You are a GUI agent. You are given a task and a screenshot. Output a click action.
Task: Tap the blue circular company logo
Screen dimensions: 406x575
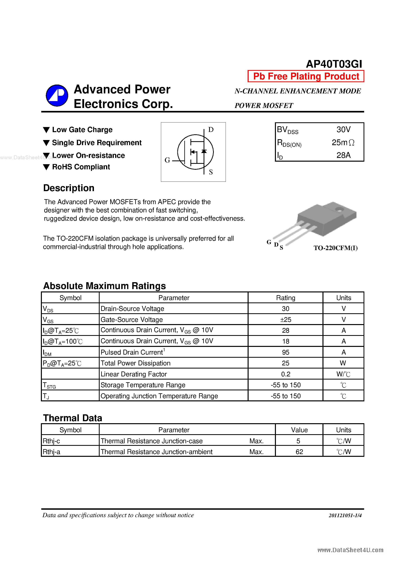[57, 95]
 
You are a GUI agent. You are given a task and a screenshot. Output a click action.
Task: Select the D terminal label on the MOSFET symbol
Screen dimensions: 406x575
[211, 130]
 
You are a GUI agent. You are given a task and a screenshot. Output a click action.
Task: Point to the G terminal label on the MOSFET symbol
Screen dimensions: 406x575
[167, 160]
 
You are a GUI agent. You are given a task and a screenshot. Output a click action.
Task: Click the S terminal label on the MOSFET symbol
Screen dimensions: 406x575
[211, 172]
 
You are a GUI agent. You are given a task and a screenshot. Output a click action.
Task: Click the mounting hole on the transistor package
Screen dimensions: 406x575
[339, 209]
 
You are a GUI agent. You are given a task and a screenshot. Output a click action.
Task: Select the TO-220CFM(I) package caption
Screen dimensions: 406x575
[335, 248]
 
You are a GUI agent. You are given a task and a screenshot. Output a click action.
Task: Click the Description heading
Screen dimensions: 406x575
[69, 188]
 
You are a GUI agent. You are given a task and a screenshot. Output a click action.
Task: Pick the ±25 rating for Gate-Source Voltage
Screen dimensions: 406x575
[285, 320]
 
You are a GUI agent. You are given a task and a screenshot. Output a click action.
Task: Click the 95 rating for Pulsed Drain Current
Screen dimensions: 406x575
[285, 352]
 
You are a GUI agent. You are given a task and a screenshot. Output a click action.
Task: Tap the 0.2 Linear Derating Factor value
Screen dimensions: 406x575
[285, 374]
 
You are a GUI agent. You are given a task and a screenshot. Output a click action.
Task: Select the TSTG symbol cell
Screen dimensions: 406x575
[49, 385]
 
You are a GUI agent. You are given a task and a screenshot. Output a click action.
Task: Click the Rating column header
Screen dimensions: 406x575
[285, 298]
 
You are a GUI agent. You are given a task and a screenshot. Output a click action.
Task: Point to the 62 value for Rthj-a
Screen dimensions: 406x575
[299, 452]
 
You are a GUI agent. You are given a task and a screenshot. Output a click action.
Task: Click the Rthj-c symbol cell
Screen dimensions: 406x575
[51, 441]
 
